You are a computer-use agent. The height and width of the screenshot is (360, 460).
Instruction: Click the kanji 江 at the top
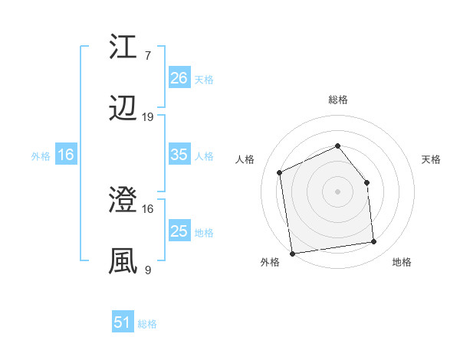coord(123,47)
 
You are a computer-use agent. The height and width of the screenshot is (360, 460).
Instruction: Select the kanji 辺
coord(123,110)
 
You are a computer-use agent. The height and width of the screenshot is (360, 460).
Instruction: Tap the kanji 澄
coord(123,202)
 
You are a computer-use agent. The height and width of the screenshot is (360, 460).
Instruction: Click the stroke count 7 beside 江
coord(147,55)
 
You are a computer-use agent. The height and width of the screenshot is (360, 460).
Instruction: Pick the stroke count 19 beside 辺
coord(148,117)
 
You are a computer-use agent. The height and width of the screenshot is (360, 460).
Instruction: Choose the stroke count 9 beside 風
coord(147,270)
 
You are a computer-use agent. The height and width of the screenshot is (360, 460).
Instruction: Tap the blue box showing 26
coord(179,77)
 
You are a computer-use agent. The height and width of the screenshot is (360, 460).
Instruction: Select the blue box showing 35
coord(179,155)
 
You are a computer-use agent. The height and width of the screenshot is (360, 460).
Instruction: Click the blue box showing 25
coord(179,231)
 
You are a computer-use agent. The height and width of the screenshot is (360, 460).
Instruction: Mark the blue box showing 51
coord(123,322)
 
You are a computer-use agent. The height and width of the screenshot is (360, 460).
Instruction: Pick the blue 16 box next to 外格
coord(66,155)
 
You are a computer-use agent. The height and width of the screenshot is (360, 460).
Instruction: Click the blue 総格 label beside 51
coord(147,324)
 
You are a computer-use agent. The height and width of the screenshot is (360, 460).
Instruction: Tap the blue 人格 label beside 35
coord(204,155)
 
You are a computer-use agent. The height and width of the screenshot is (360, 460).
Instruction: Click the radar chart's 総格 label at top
coord(337,100)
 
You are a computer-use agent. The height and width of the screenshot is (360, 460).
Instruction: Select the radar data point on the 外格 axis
coord(292,253)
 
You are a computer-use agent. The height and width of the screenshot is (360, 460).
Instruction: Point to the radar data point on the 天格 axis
coord(366,182)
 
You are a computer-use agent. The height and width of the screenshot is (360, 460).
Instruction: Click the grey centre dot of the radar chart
coord(337,191)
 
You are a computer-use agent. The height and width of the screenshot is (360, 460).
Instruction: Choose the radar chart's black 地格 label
coord(401,263)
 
